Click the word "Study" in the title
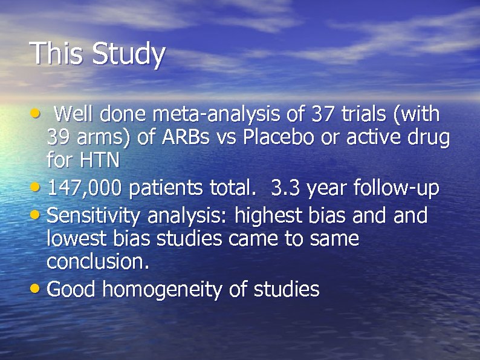tap(128, 54)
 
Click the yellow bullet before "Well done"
tap(36, 113)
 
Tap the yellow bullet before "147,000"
tap(37, 189)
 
